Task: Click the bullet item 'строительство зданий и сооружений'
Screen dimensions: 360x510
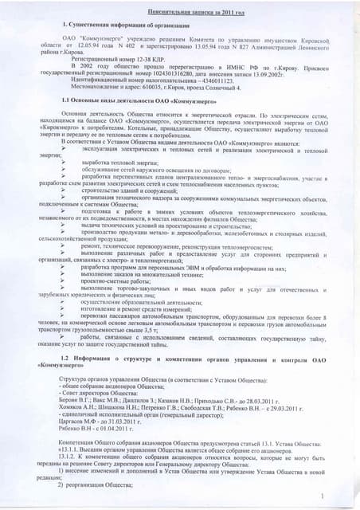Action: click(139, 190)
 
